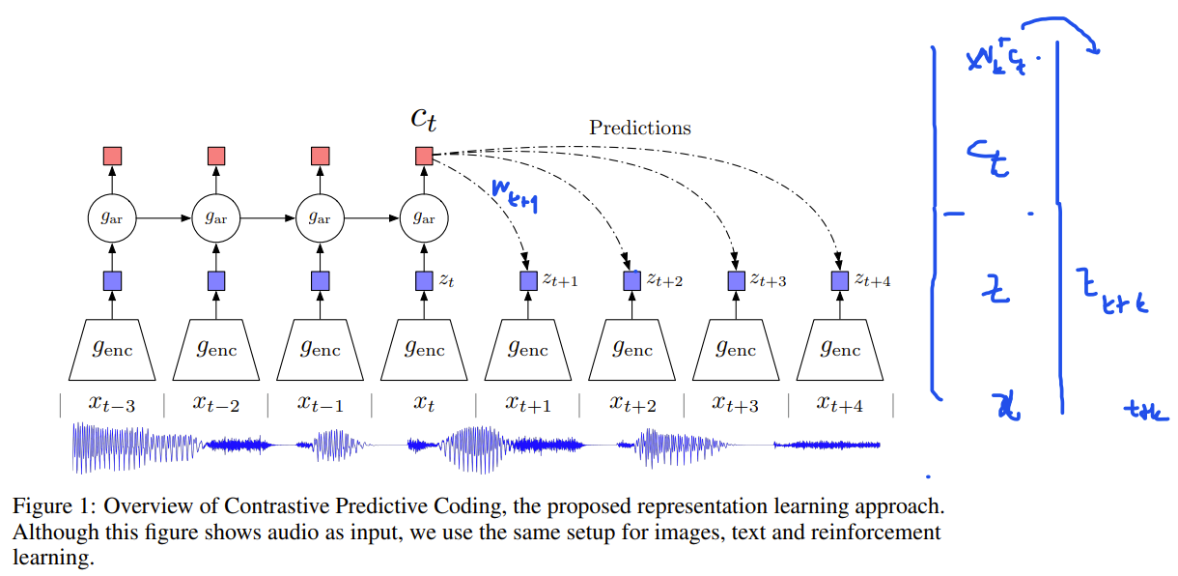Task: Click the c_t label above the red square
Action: click(424, 119)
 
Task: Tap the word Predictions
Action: click(640, 128)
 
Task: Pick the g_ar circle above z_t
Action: click(424, 218)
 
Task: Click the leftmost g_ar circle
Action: click(112, 218)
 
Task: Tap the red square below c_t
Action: click(424, 156)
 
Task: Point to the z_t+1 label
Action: click(560, 280)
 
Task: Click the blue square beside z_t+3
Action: click(736, 280)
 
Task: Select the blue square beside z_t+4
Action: click(839, 280)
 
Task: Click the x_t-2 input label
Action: click(216, 405)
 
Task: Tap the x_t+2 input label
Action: click(631, 405)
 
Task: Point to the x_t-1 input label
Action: click(320, 405)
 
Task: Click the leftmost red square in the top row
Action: click(112, 156)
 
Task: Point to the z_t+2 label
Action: click(665, 280)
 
